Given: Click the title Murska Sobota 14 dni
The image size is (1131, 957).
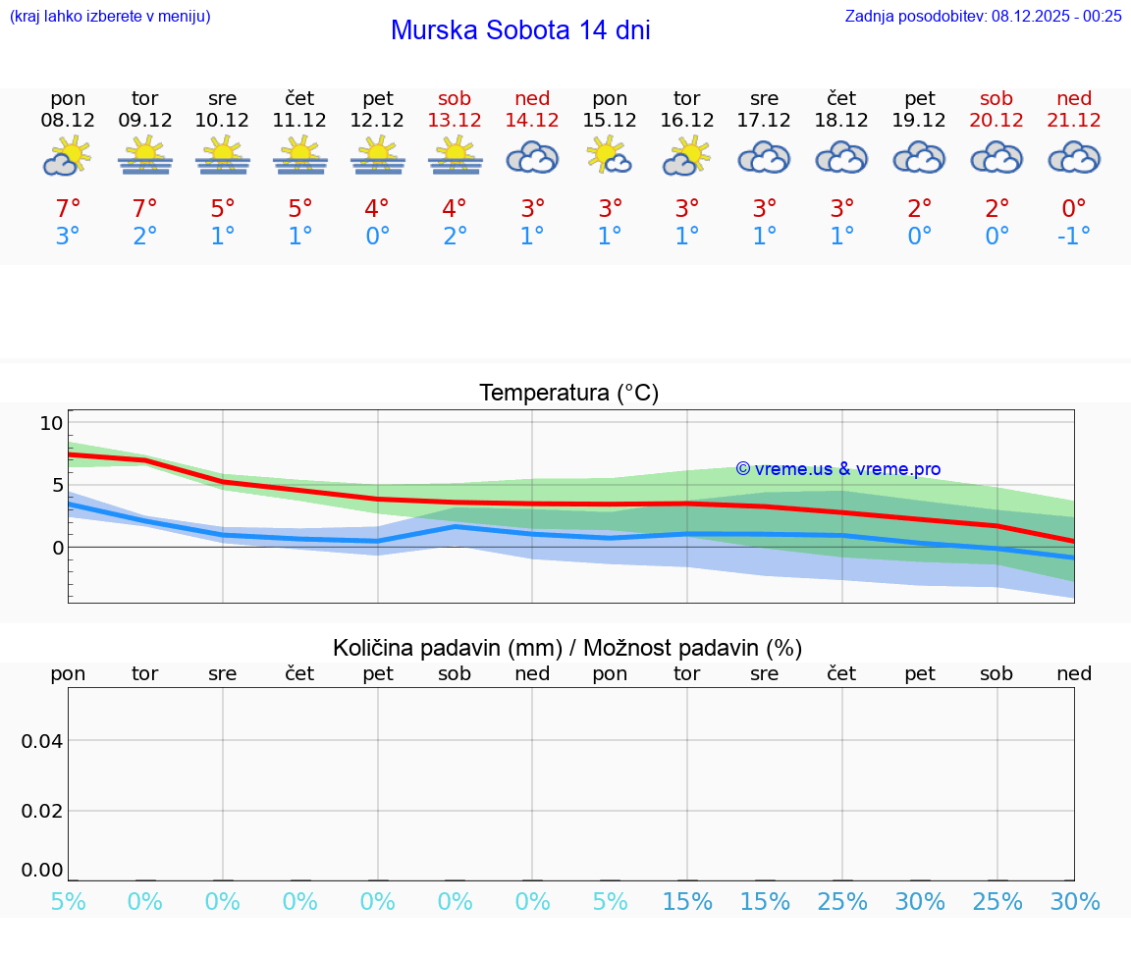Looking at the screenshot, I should tap(520, 30).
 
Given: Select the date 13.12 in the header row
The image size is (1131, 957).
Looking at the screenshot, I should tap(455, 120).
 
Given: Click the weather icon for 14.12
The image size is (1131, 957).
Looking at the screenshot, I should tap(532, 158).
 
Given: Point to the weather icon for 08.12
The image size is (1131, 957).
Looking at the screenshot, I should tap(68, 157).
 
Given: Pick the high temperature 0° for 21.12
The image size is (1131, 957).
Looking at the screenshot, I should tap(1074, 209).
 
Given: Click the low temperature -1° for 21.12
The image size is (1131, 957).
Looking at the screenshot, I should tap(1073, 237).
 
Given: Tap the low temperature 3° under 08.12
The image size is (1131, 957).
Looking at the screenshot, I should tap(68, 237).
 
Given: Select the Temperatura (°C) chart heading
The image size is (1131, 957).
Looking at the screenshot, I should tap(569, 393).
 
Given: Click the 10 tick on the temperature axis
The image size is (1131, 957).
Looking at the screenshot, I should tap(51, 423).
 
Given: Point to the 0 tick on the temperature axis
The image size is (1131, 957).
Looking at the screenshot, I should tap(57, 547).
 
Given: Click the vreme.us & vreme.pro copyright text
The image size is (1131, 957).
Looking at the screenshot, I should tap(838, 469).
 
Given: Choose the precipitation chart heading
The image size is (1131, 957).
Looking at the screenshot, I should tap(567, 648).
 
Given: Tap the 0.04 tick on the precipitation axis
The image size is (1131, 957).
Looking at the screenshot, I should tap(42, 740).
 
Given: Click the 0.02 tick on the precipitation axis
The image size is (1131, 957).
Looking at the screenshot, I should tap(42, 811).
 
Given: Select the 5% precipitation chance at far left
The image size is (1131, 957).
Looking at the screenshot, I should tap(68, 901).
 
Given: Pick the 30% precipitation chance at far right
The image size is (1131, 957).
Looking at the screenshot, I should tap(1075, 901).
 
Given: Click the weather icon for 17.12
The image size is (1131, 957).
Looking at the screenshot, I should tap(764, 158).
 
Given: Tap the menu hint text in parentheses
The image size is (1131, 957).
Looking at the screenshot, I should tap(110, 16).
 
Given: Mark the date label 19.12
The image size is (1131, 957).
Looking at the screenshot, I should tap(920, 120).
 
